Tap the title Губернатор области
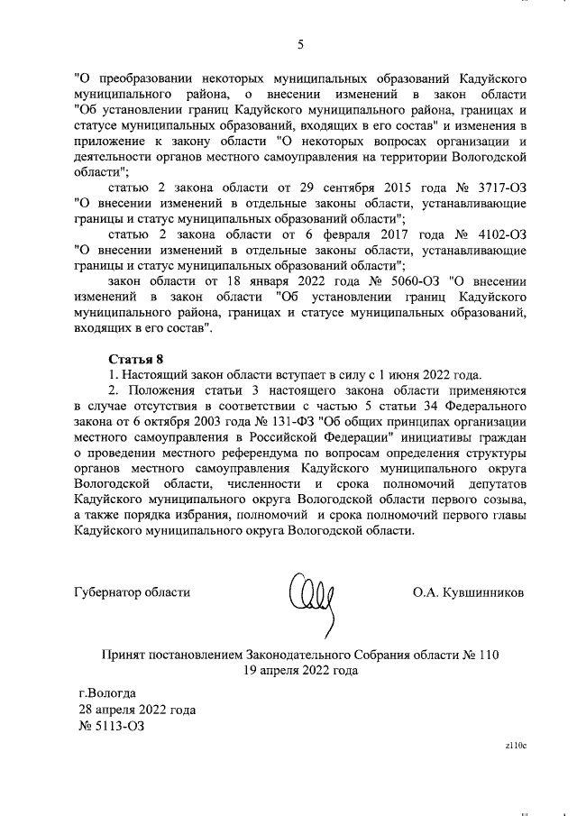click(132, 592)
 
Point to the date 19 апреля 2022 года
click(300, 670)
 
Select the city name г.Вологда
click(107, 693)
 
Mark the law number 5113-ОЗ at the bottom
click(112, 725)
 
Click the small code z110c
click(515, 746)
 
